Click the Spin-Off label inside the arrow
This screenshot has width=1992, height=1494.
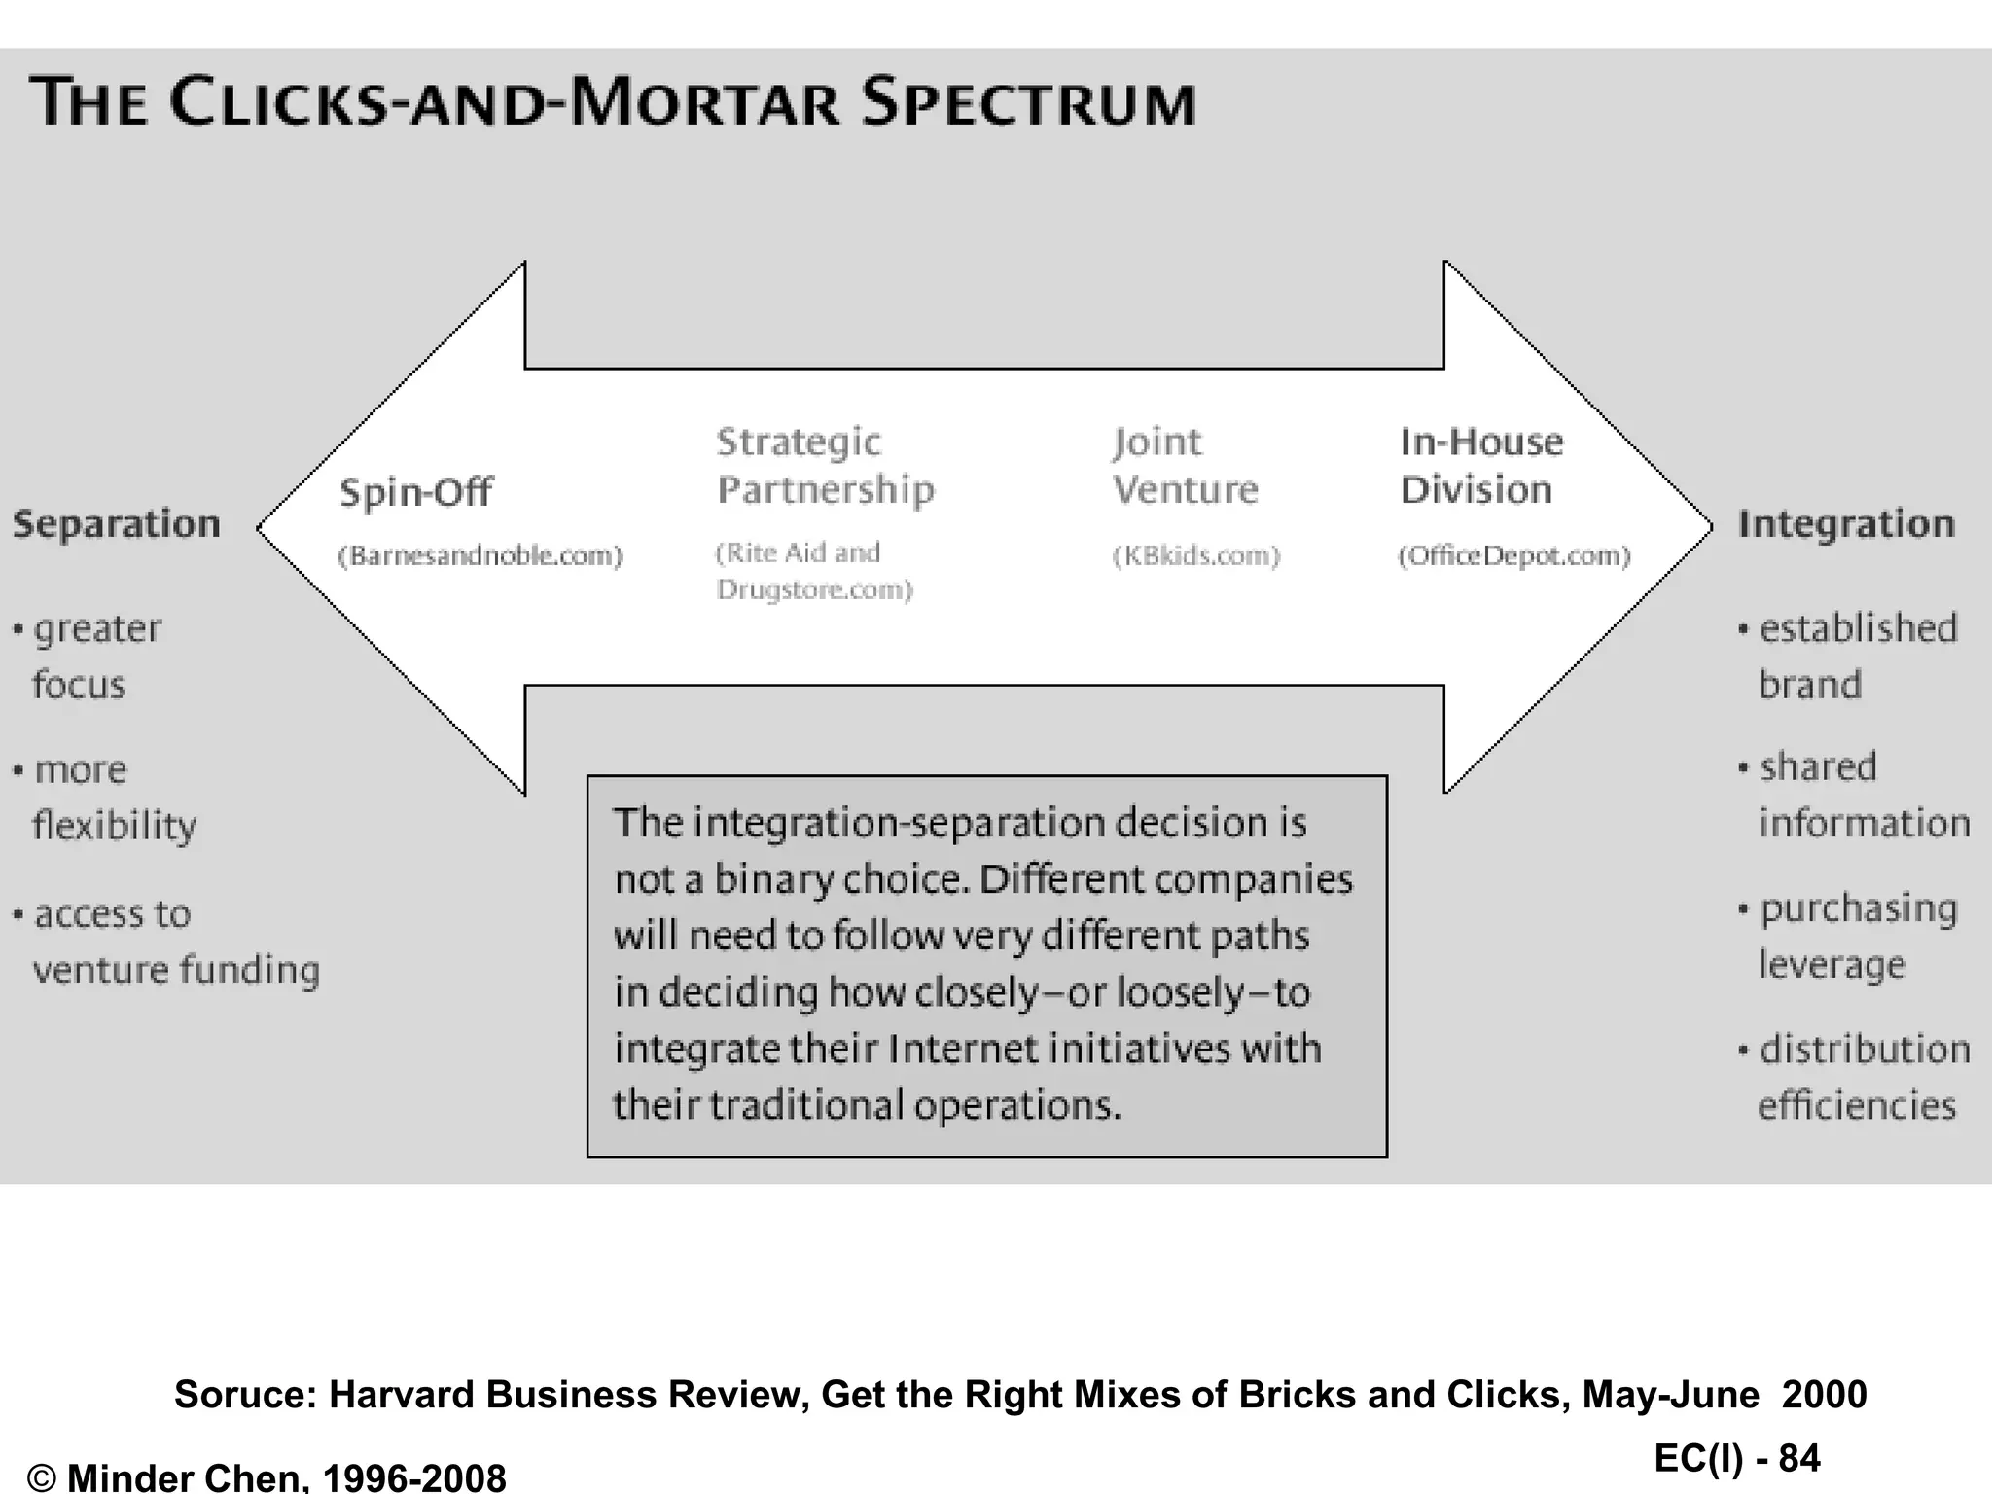pyautogui.click(x=415, y=492)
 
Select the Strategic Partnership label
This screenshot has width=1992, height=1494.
pyautogui.click(x=825, y=466)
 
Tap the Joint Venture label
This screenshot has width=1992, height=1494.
pyautogui.click(x=1185, y=466)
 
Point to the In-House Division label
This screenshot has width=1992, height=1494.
pyautogui.click(x=1480, y=466)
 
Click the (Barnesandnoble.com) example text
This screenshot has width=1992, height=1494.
pyautogui.click(x=480, y=555)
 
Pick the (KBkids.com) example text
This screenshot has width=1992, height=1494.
pyautogui.click(x=1196, y=555)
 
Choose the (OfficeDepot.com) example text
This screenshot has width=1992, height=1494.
pyautogui.click(x=1514, y=555)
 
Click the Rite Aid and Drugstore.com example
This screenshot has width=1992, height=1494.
pyautogui.click(x=813, y=571)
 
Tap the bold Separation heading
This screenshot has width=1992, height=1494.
pyautogui.click(x=117, y=524)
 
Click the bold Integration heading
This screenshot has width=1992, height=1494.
pyautogui.click(x=1845, y=524)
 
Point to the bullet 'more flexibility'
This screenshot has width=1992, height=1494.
pyautogui.click(x=107, y=798)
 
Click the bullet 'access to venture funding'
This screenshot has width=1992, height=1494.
pyautogui.click(x=165, y=942)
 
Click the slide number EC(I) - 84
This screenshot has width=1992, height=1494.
pyautogui.click(x=1737, y=1458)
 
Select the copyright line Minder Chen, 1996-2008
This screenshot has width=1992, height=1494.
pyautogui.click(x=267, y=1477)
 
